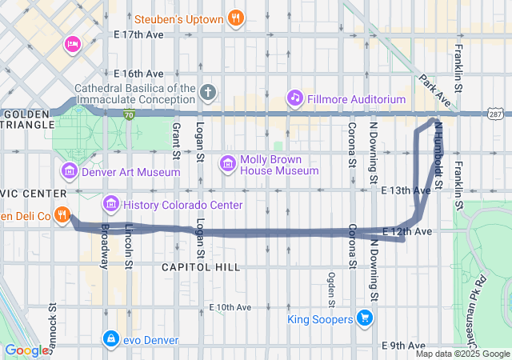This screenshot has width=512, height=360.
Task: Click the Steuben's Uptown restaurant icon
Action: coord(234,18)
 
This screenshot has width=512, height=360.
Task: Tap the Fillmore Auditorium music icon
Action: coord(295,98)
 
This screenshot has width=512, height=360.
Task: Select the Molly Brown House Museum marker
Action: coord(227,163)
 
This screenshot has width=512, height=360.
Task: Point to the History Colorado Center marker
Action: coord(110,205)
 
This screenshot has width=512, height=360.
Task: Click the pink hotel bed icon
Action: coord(73,43)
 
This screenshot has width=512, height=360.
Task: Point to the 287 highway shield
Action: coord(496,115)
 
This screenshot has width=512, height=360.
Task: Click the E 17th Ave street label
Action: coord(138,35)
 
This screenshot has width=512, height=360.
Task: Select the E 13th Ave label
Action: coord(406,190)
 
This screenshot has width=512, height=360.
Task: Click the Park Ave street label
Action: coord(432,90)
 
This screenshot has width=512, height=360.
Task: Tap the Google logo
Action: coord(26,350)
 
